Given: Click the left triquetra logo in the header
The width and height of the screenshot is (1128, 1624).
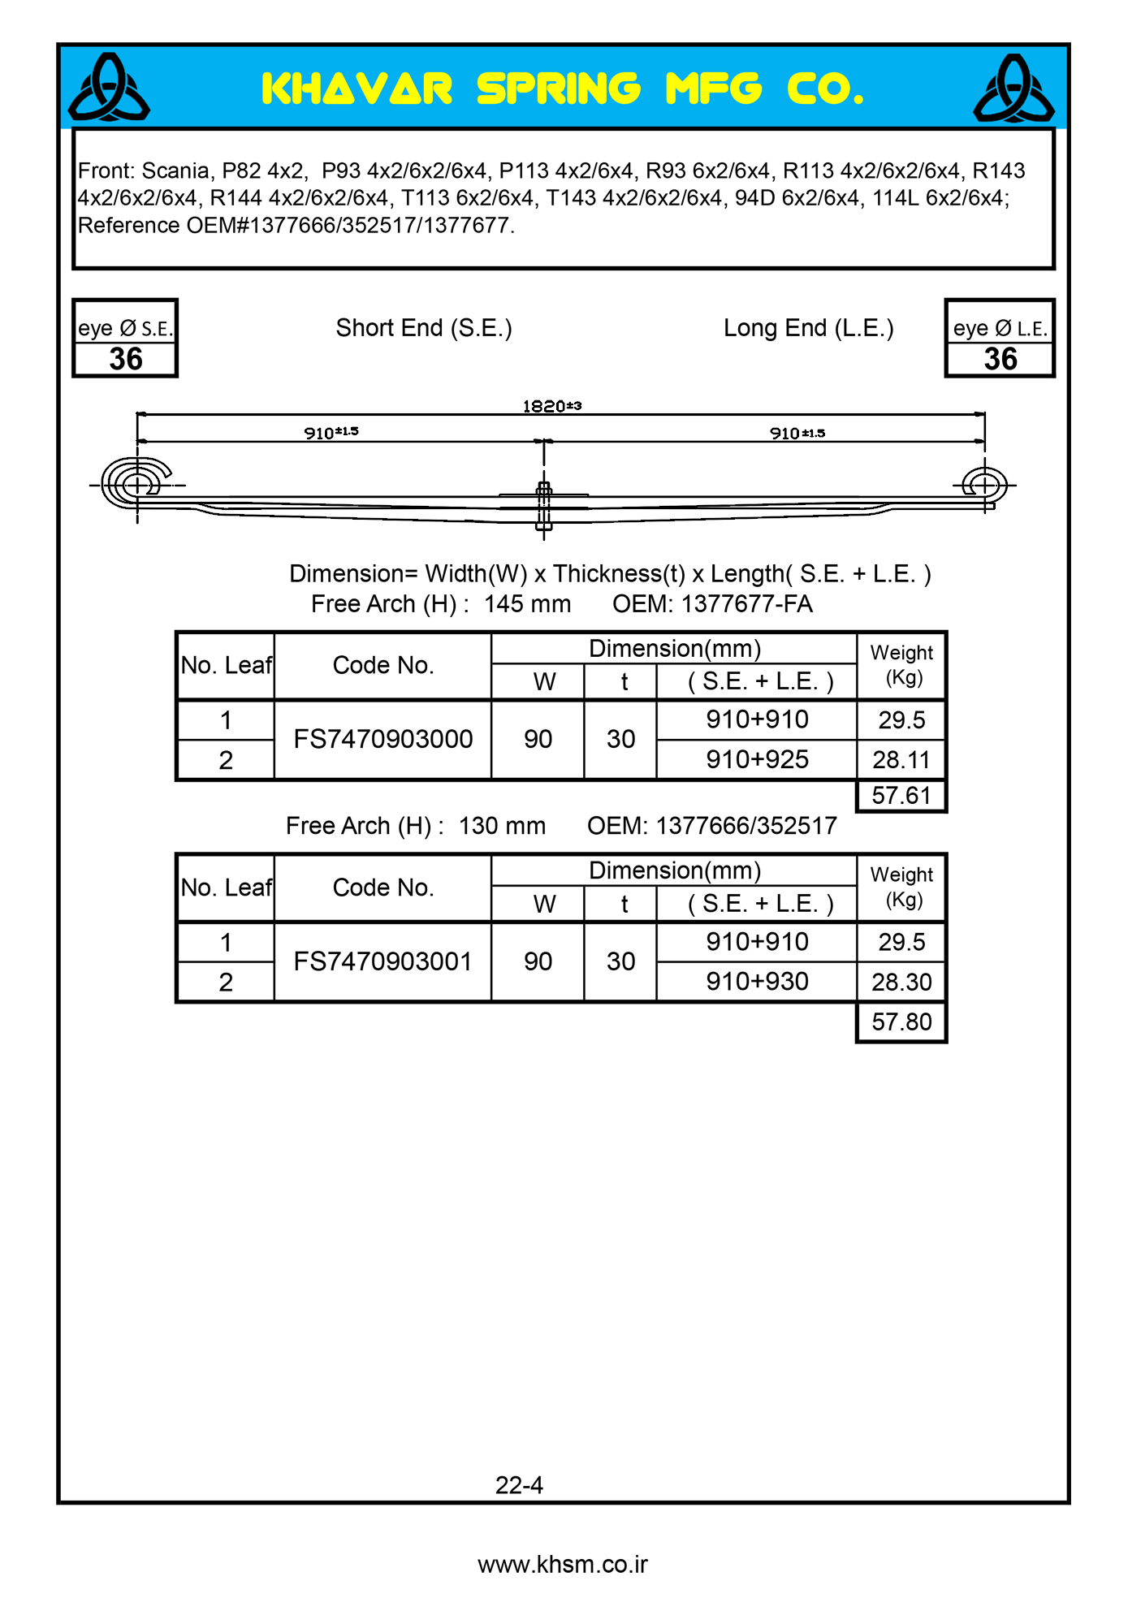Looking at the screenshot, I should pyautogui.click(x=109, y=88).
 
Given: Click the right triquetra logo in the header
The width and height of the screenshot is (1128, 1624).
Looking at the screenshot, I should pyautogui.click(x=1013, y=88).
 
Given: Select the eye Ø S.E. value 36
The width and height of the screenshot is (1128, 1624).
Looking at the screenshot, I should pyautogui.click(x=126, y=359).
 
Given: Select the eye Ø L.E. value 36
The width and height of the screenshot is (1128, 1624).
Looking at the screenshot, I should pyautogui.click(x=1000, y=359).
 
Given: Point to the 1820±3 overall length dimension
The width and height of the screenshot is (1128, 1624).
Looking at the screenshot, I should pyautogui.click(x=551, y=406).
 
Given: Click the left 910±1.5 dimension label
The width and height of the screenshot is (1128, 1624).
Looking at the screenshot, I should pyautogui.click(x=331, y=433).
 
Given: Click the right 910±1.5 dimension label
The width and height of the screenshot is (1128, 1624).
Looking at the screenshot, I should pyautogui.click(x=797, y=434).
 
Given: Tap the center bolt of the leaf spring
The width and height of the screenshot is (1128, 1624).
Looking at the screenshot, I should pyautogui.click(x=544, y=505).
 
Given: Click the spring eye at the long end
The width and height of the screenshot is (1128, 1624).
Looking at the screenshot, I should pyautogui.click(x=984, y=485).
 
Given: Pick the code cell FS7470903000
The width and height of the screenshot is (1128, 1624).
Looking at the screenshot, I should pyautogui.click(x=382, y=739).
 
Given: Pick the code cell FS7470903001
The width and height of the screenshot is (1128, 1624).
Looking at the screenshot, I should pyautogui.click(x=382, y=961).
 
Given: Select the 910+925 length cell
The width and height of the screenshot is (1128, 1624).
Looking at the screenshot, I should pyautogui.click(x=757, y=759).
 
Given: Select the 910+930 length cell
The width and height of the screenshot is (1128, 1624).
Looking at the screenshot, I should pyautogui.click(x=757, y=982).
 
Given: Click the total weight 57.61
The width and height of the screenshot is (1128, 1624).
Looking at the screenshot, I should pyautogui.click(x=901, y=796).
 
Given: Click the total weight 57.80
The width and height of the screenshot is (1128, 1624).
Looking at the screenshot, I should pyautogui.click(x=901, y=1021).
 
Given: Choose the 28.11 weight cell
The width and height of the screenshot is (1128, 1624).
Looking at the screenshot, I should pyautogui.click(x=901, y=760).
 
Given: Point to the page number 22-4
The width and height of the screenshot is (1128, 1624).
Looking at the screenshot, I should pyautogui.click(x=519, y=1485).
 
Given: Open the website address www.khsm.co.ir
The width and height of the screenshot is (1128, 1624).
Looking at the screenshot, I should pyautogui.click(x=563, y=1565).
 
